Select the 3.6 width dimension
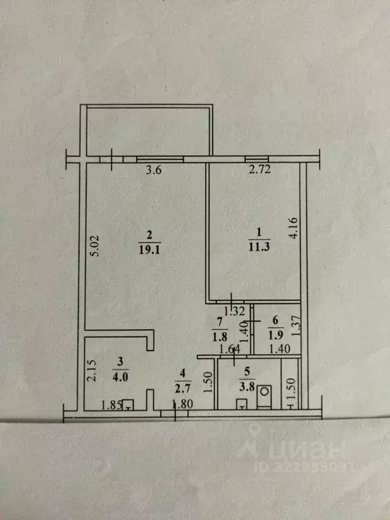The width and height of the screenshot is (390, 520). coord(155,171)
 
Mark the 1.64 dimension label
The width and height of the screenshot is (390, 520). coord(227,349)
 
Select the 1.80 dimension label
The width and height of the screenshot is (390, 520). coord(183,405)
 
